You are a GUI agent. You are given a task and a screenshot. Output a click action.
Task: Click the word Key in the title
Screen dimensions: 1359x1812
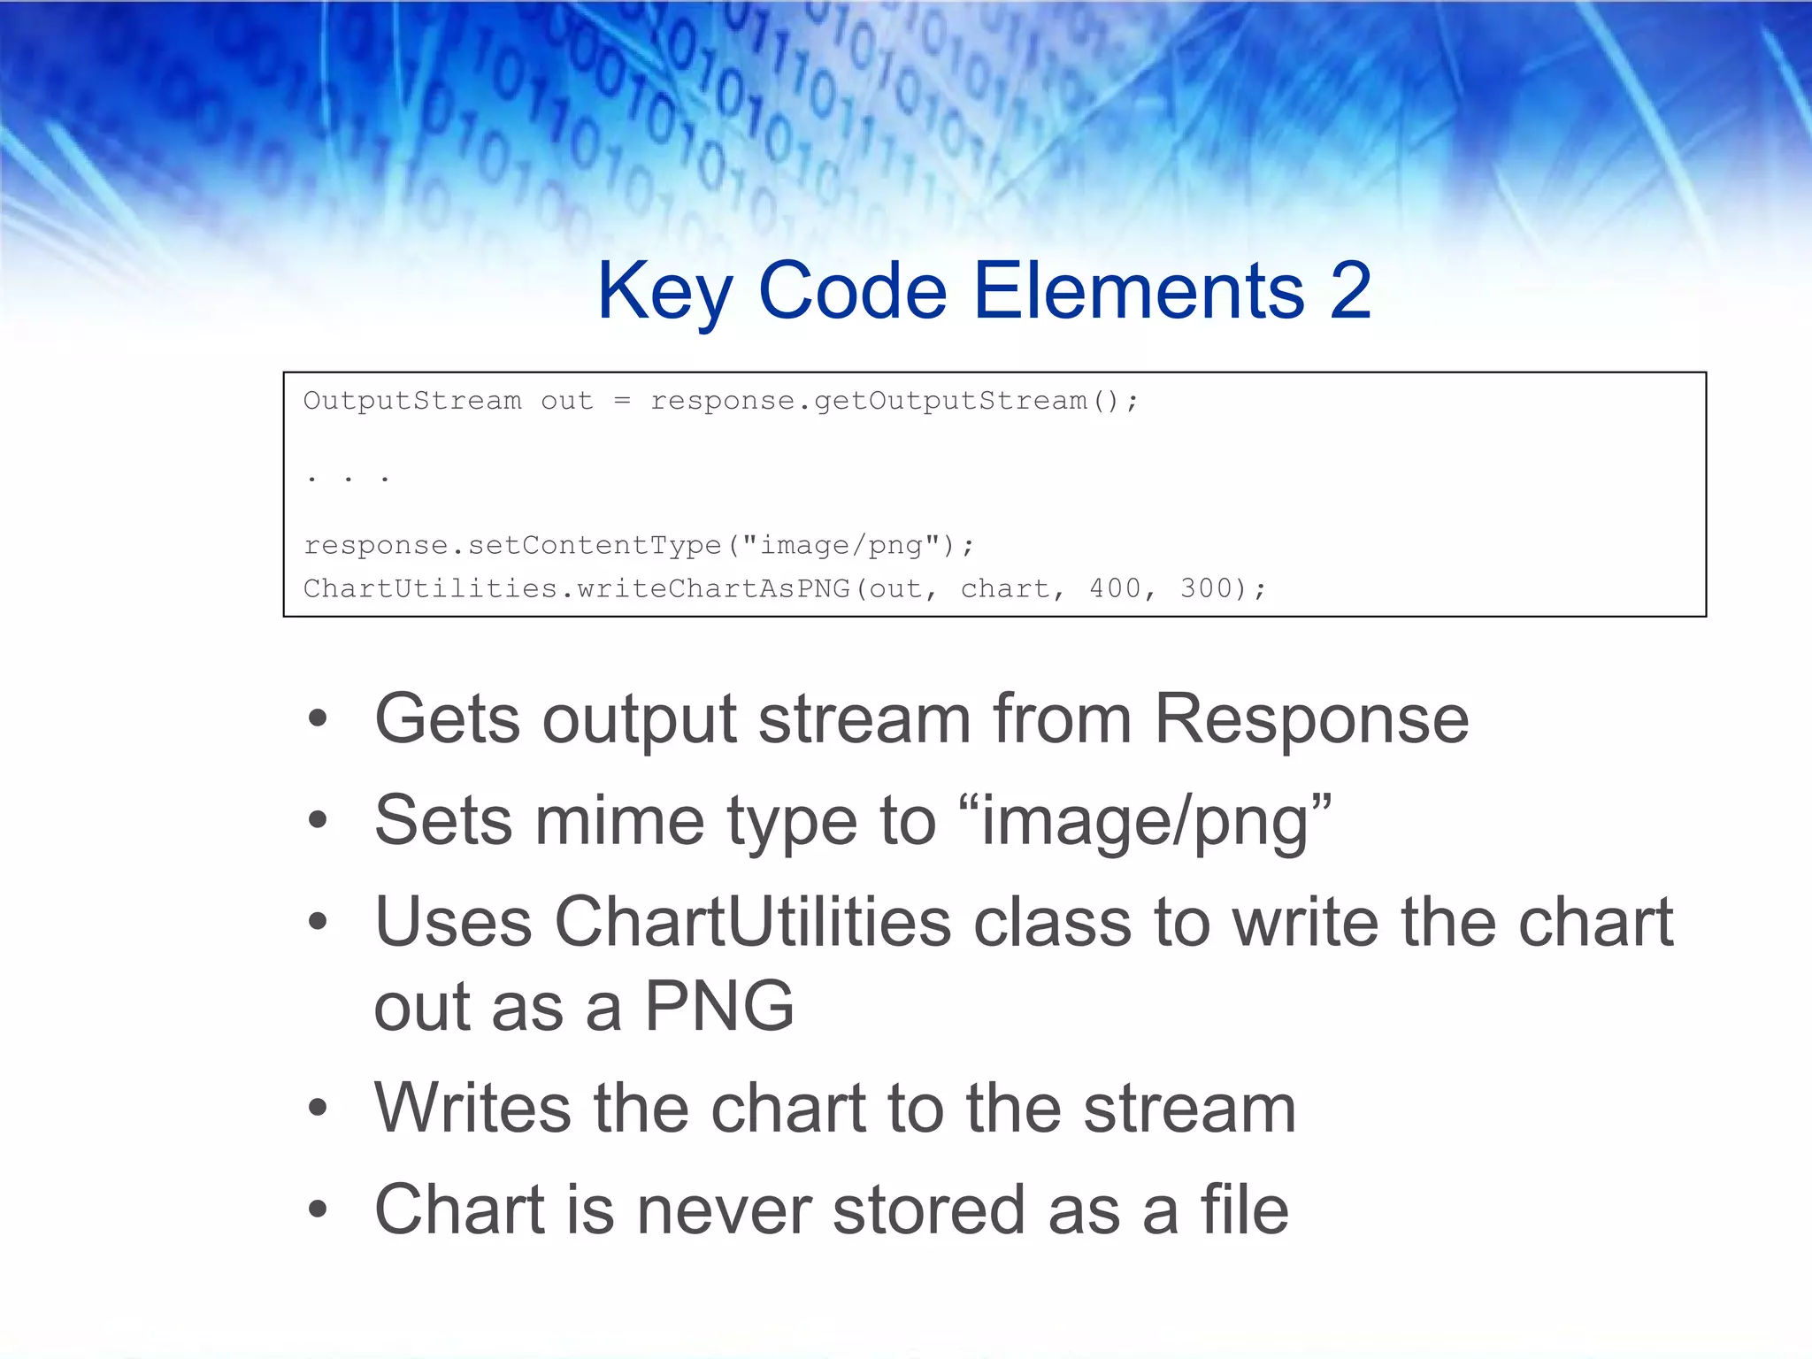click(664, 292)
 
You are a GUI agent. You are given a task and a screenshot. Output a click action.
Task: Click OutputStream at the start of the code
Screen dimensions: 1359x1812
click(412, 401)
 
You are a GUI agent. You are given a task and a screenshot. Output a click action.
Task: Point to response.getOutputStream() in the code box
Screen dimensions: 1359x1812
click(894, 401)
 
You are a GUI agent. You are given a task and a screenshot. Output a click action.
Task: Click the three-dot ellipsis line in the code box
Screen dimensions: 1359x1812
click(348, 479)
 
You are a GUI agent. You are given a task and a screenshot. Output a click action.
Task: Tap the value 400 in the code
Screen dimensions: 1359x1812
click(1115, 588)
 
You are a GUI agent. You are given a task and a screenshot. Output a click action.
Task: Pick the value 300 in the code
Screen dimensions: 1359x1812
click(1206, 588)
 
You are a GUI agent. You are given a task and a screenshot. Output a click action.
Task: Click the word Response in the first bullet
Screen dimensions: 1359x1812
click(1311, 719)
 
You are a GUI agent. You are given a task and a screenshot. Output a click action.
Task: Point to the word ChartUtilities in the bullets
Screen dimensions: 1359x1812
click(752, 923)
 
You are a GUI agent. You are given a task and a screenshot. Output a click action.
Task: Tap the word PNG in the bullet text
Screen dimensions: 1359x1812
click(718, 1007)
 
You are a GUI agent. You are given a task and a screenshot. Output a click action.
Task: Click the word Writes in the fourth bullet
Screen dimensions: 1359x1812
click(472, 1108)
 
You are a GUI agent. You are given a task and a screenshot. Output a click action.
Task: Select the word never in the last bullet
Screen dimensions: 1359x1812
click(723, 1210)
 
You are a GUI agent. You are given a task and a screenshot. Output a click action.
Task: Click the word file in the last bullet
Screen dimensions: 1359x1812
click(1244, 1210)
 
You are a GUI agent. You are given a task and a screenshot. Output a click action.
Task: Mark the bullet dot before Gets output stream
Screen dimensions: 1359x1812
click(318, 719)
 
